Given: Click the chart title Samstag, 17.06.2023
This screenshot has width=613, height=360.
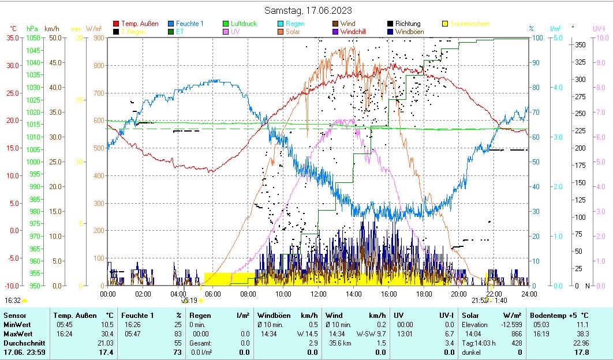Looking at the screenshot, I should (x=308, y=10).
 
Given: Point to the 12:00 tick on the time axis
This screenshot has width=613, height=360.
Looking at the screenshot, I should (x=318, y=294).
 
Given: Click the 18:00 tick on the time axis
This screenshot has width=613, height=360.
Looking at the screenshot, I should (x=423, y=294).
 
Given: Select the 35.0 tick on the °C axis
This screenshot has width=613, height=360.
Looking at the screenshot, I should (x=13, y=37).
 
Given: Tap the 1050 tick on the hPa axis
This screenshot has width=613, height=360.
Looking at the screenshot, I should (x=33, y=37).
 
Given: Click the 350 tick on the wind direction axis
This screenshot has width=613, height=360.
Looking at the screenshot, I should (x=580, y=44).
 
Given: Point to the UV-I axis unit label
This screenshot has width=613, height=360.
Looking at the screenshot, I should (x=599, y=28).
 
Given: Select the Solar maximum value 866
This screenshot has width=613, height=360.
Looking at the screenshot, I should (x=516, y=333).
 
